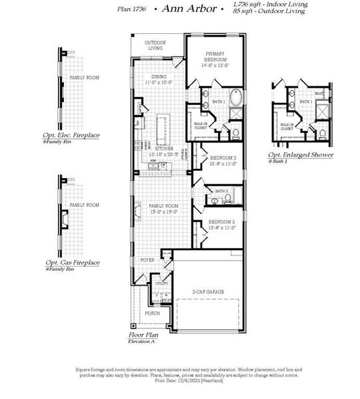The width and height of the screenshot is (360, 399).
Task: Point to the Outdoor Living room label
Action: tap(156, 45)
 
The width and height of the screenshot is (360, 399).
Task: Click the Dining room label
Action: tap(158, 80)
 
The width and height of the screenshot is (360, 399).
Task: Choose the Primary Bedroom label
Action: tap(216, 60)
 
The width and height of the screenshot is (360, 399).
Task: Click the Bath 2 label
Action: tap(222, 191)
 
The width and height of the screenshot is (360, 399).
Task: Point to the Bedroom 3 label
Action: tap(221, 224)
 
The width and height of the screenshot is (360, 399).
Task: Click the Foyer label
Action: tap(146, 260)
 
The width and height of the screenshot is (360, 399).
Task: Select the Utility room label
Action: tap(162, 284)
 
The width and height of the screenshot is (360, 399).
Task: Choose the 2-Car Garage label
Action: tap(208, 292)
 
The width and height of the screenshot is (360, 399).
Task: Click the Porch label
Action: tap(152, 313)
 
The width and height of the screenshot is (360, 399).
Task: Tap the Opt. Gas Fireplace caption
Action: tap(73, 263)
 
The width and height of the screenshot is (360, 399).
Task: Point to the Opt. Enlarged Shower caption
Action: tap(301, 155)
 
